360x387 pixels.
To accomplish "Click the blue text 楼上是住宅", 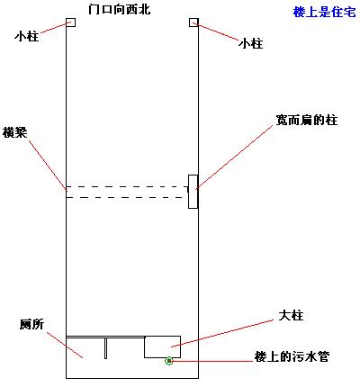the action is (324, 13).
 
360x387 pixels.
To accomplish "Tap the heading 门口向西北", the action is (119, 9).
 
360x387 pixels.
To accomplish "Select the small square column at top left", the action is (70, 22).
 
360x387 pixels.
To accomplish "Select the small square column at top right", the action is (193, 22).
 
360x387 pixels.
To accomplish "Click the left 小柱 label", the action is (27, 37).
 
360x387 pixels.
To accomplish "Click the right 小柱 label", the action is (251, 44).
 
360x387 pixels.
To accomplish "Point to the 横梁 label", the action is (14, 132).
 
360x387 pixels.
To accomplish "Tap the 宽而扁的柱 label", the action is (307, 120).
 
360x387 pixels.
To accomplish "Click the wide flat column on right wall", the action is (193, 192).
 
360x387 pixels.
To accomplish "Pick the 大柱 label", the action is (291, 315).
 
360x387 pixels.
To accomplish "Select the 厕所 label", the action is (31, 324).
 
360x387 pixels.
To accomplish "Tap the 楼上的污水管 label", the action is (292, 356).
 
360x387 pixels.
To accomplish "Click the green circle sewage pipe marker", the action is (169, 361).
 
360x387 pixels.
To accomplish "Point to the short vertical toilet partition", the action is (105, 348).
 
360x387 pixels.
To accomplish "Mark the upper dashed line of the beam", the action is (127, 186).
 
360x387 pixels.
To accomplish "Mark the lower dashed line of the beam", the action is (125, 197).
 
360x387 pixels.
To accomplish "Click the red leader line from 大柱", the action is (222, 333).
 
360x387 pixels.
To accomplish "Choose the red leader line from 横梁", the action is (48, 165).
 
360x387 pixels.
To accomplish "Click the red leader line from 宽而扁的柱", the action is (234, 157).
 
